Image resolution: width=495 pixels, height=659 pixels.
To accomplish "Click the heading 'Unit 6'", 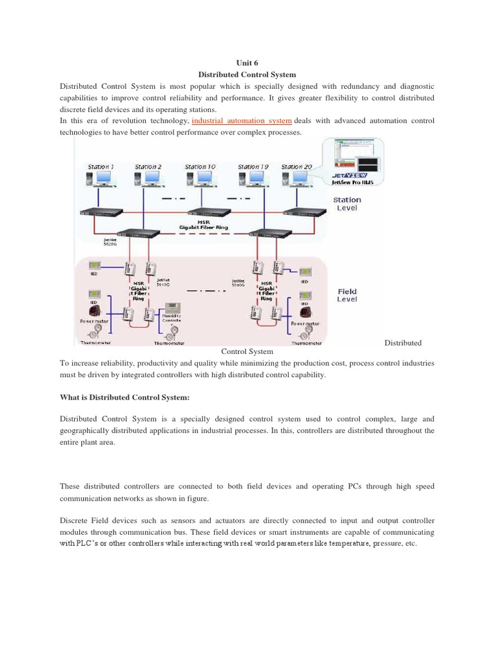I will point(247,63).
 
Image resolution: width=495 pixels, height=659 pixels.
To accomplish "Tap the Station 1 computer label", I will point(101,167).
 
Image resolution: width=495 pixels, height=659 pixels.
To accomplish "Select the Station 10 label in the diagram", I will point(200,167).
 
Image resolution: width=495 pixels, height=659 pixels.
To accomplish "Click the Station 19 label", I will point(253,167).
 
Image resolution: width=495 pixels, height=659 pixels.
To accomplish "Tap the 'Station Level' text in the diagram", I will point(347,204).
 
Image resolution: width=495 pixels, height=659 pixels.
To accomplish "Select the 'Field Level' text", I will point(347,295).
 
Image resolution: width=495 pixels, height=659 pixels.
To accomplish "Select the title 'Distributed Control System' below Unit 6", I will point(247,75).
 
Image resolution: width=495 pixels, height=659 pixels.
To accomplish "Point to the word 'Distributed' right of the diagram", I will point(403,342).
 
